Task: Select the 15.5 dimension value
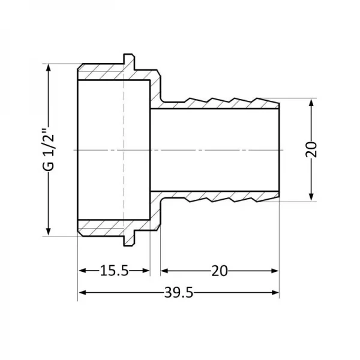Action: tap(114, 271)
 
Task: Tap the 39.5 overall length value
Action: tap(179, 293)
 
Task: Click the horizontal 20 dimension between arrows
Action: tap(220, 271)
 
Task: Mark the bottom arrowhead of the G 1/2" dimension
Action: tap(49, 233)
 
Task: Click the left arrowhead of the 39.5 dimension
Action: tap(83, 293)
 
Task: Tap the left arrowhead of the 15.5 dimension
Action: tap(83, 271)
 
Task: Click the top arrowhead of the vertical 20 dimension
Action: tap(311, 103)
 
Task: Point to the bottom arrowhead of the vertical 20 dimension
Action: tap(311, 197)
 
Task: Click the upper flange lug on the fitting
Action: tap(130, 59)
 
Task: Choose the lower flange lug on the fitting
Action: tap(130, 239)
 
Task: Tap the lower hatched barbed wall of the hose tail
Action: tap(222, 196)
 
